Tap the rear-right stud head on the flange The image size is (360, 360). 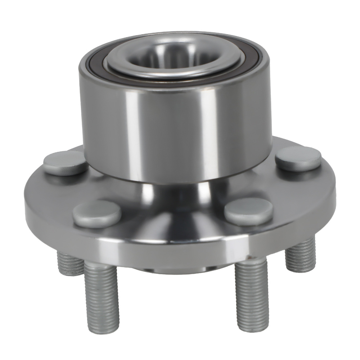click(298, 158)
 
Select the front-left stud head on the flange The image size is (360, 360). click(96, 214)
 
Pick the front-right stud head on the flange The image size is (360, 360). click(248, 211)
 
